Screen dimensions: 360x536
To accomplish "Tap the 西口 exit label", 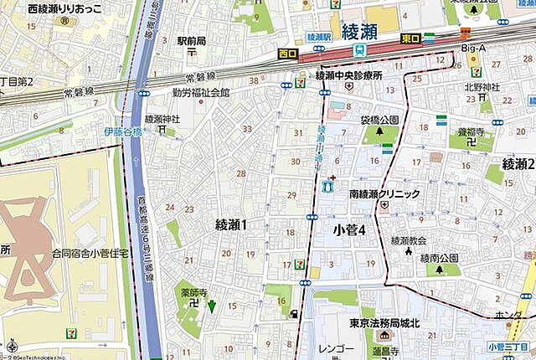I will tap(287, 54).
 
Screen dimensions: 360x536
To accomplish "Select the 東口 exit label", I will tap(410, 38).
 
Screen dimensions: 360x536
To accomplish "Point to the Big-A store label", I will tap(474, 49).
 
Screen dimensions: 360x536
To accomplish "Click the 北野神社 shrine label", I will tap(482, 87).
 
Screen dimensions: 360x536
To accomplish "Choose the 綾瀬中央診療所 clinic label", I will tap(348, 75).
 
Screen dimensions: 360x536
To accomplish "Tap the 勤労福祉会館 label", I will tap(201, 93).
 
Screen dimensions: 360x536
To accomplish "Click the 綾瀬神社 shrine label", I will tap(162, 120).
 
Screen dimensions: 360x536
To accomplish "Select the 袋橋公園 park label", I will tap(379, 120).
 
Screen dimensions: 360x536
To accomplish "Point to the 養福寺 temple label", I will tap(472, 131).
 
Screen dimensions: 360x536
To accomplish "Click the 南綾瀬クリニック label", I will tap(384, 193).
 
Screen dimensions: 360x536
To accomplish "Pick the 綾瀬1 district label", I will tap(232, 224).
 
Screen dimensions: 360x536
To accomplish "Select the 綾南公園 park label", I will tap(439, 257).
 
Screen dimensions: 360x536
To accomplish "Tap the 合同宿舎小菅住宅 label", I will tap(88, 251).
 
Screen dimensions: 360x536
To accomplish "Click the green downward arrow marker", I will tap(211, 306).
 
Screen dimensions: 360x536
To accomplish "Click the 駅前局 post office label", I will tap(191, 39).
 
